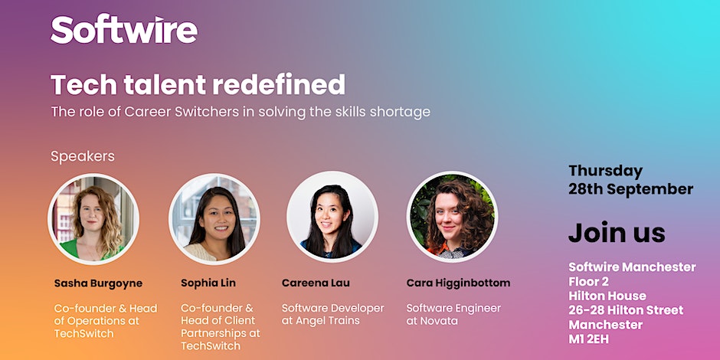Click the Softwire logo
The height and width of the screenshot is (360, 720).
(x=124, y=29)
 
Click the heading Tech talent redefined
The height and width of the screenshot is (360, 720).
(x=198, y=84)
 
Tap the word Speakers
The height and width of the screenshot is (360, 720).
(x=83, y=156)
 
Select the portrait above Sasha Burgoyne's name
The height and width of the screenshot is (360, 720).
(x=93, y=218)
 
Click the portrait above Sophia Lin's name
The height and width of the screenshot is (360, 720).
(x=214, y=218)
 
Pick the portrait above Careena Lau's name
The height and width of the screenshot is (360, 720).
(x=332, y=217)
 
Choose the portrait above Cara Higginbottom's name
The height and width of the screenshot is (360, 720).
(x=452, y=217)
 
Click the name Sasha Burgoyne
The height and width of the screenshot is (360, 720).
(x=98, y=283)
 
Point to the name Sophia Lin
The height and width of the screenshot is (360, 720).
(x=208, y=283)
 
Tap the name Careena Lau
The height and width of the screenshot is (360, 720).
(x=316, y=283)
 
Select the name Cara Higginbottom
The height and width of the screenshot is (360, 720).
(x=458, y=283)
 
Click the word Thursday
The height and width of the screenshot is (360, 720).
(x=606, y=172)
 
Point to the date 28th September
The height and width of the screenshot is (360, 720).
(x=631, y=189)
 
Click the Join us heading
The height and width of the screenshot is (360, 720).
(x=617, y=232)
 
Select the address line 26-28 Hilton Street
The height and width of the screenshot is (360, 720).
(x=626, y=310)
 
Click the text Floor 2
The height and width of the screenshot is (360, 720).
(x=589, y=281)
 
